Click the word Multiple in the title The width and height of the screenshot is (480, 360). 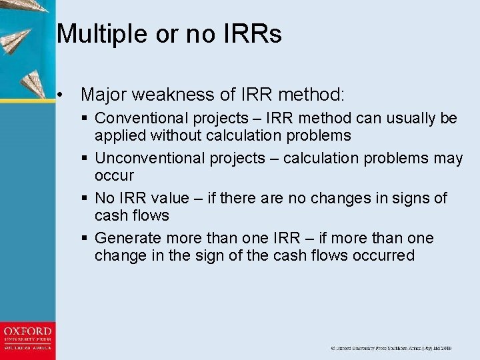[x=97, y=33]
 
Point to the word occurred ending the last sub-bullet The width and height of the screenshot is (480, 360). [x=386, y=256]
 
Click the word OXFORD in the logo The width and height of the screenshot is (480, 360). [x=27, y=331]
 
